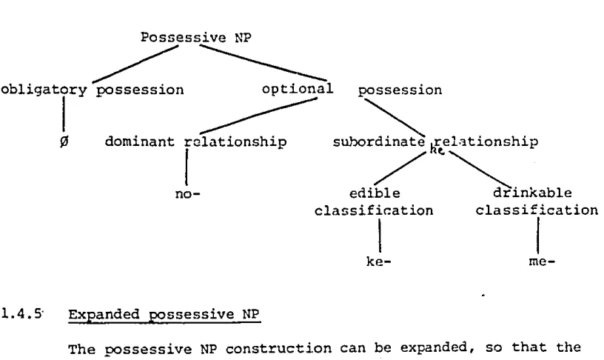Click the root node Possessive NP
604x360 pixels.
[x=195, y=37]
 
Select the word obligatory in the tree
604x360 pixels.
[x=44, y=90]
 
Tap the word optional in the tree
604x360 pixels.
[x=298, y=89]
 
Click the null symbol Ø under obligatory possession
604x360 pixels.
[x=64, y=141]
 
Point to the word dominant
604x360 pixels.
[x=139, y=141]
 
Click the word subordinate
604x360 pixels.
[x=379, y=141]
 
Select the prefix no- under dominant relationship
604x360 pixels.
[x=187, y=193]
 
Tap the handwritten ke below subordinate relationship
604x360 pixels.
[x=437, y=150]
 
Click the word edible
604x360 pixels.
[x=375, y=193]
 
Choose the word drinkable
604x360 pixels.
[x=532, y=193]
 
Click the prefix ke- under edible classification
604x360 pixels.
[x=379, y=261]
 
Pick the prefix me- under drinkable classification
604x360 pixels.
[x=542, y=261]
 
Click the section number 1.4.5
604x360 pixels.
[x=21, y=314]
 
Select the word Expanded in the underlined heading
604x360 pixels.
[x=104, y=314]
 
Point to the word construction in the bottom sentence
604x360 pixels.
[x=278, y=348]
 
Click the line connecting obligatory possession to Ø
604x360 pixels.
[x=64, y=114]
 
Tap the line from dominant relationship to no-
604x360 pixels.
[x=187, y=167]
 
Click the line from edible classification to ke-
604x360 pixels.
[x=380, y=236]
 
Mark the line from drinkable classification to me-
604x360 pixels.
[x=538, y=236]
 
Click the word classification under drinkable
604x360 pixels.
[x=537, y=210]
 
